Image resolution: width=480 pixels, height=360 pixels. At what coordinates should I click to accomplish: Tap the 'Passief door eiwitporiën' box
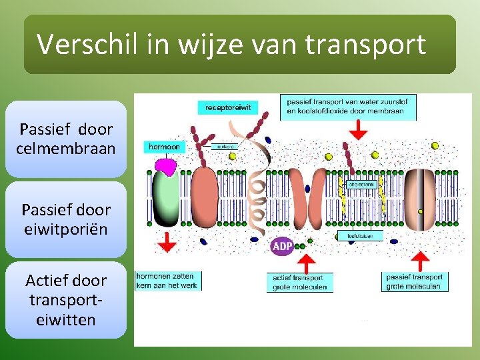(66, 219)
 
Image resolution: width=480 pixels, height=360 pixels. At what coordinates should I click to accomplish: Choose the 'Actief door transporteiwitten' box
(66, 300)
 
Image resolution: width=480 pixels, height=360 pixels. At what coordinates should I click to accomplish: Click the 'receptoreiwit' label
(228, 107)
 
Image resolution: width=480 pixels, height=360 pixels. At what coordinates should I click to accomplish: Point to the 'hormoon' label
(164, 147)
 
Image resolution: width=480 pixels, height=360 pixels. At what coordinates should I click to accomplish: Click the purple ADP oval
(282, 246)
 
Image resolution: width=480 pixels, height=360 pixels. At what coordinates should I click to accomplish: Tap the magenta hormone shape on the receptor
(166, 165)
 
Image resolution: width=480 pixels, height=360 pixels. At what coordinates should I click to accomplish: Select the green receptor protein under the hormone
(166, 200)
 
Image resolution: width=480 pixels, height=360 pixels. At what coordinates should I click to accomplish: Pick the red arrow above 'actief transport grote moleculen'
(306, 261)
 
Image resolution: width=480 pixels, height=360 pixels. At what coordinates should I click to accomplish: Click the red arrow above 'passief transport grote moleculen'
(420, 261)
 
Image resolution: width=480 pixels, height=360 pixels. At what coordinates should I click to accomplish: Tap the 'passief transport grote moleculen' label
(415, 281)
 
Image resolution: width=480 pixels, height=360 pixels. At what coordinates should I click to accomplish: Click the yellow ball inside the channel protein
(420, 211)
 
